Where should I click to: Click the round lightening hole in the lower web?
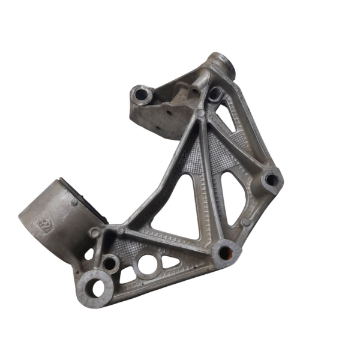click(x=146, y=265)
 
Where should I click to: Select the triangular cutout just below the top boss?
click(x=226, y=118)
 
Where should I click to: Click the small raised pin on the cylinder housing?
click(x=74, y=203)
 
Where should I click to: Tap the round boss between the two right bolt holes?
click(x=246, y=223)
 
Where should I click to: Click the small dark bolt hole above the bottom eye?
click(x=109, y=263)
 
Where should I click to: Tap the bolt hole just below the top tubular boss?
click(x=214, y=93)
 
